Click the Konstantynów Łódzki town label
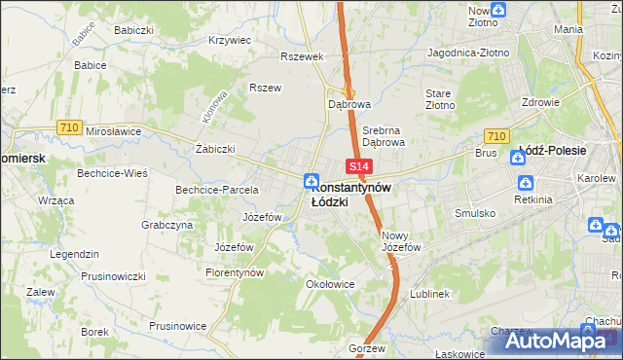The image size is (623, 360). point(351,195)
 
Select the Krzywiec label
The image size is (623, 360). point(230,41)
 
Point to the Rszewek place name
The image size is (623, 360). point(301,56)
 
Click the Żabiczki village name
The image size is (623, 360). point(215,150)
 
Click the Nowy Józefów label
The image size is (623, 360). point(400,241)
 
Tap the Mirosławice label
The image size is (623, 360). point(114,130)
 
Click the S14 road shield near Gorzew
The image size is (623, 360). point(355,332)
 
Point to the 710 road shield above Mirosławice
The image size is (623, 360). point(68,126)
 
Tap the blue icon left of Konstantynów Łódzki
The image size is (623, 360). point(310,179)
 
